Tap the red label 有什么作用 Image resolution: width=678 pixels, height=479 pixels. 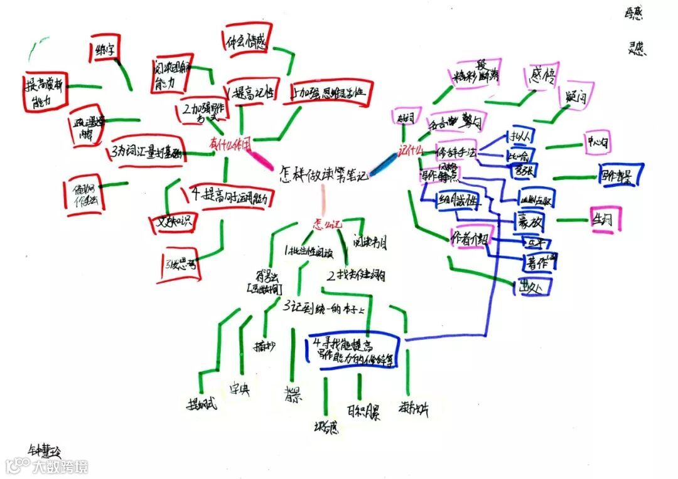[x=230, y=144]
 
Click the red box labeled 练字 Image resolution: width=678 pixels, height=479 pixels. [x=106, y=48]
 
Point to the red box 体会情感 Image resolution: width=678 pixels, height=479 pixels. [x=247, y=43]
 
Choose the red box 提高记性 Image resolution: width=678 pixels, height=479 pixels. [x=252, y=93]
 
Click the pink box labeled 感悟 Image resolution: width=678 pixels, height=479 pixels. [x=541, y=78]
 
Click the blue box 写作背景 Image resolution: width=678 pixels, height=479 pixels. [x=620, y=175]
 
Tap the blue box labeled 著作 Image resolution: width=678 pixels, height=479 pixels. [x=540, y=263]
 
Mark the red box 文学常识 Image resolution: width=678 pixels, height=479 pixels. [x=173, y=221]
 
